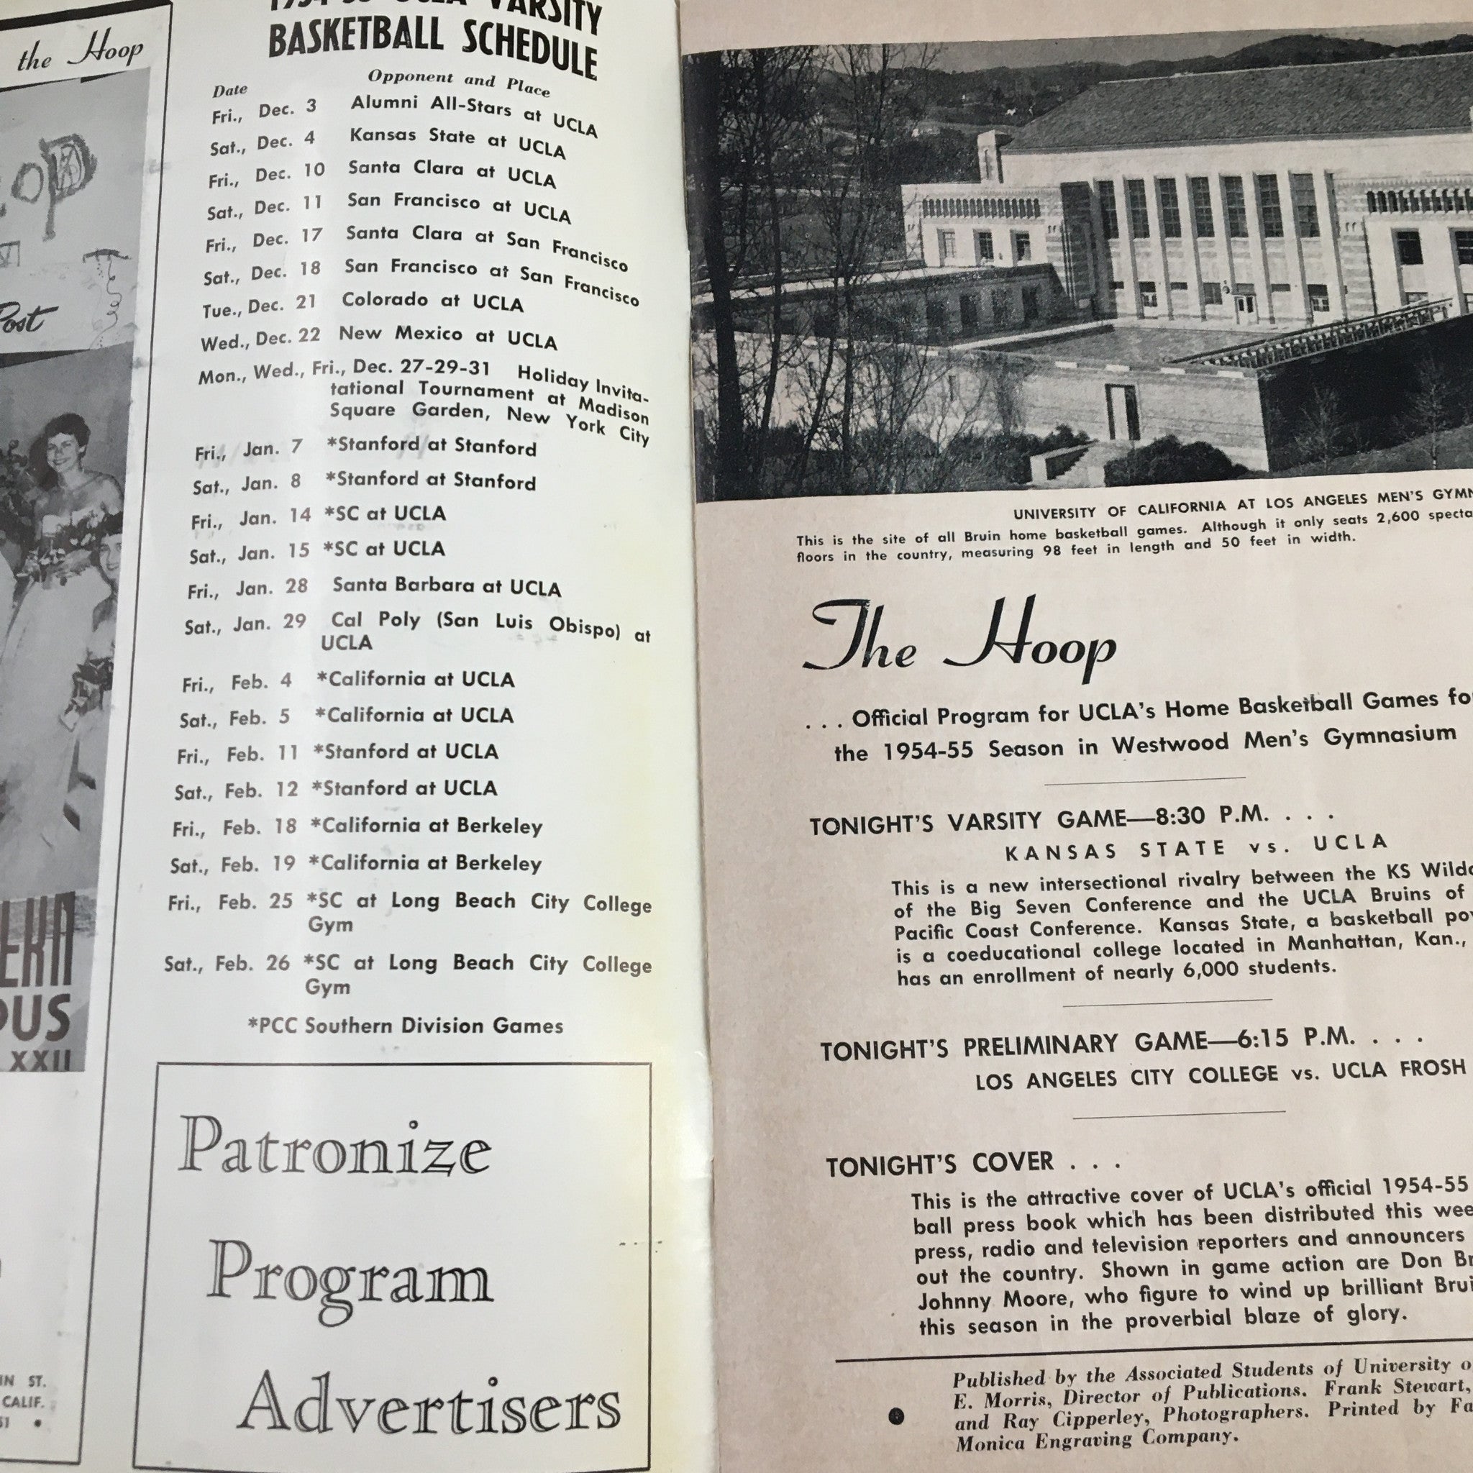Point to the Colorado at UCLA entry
click(432, 301)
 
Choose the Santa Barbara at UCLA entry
click(446, 586)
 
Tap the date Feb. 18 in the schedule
click(260, 826)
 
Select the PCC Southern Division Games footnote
click(406, 1025)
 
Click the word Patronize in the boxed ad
click(335, 1151)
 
